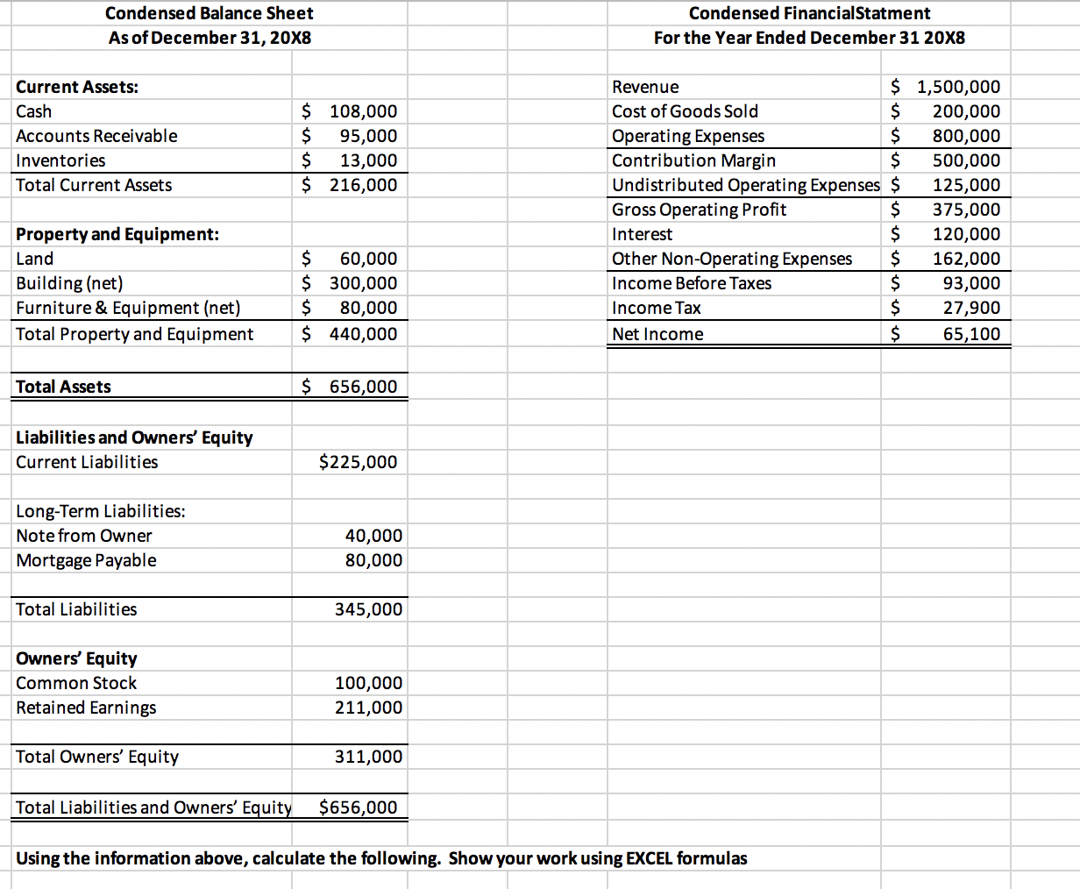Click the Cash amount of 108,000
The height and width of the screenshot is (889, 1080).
[x=363, y=111]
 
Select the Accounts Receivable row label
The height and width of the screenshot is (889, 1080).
[x=96, y=136]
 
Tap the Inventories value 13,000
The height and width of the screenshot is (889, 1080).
[x=368, y=160]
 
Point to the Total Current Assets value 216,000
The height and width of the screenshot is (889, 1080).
[x=363, y=185]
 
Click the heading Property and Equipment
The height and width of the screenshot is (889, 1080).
[x=117, y=234]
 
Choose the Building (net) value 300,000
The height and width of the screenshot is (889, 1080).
[x=363, y=283]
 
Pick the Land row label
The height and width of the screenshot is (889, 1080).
[x=35, y=259]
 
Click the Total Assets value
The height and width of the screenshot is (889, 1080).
[x=363, y=387]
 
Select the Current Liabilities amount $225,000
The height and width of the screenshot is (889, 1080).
[x=358, y=462]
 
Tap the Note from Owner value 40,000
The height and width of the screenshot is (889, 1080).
[x=374, y=536]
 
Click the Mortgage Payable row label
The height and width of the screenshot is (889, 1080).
[x=86, y=560]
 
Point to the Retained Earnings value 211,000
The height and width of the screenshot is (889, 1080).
[x=369, y=708]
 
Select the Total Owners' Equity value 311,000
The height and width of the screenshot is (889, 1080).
[x=369, y=757]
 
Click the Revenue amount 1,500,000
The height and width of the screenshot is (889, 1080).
[x=958, y=87]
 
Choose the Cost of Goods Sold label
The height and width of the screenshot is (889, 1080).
[x=685, y=111]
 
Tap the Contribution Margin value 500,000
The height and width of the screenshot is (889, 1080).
[x=966, y=160]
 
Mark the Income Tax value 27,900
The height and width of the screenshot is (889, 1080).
[x=971, y=308]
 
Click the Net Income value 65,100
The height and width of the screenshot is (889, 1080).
[x=971, y=334]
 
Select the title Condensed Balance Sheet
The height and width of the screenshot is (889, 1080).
[x=209, y=13]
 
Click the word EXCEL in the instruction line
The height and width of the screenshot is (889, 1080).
[x=650, y=858]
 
